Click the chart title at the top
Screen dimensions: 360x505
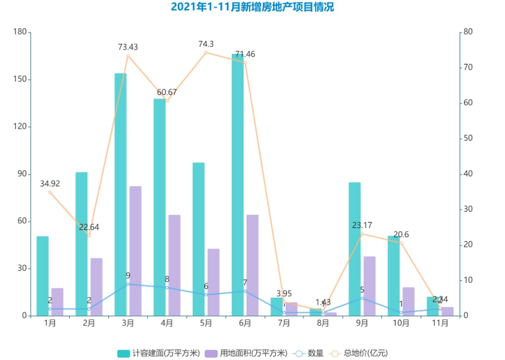[252, 7]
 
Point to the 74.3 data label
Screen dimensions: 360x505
[206, 44]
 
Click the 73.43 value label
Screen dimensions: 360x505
[128, 47]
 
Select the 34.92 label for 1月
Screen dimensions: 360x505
[50, 184]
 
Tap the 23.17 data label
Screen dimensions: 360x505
[362, 226]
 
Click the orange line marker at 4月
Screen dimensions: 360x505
[167, 101]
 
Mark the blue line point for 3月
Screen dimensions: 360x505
[128, 284]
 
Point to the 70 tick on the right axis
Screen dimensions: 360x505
[467, 68]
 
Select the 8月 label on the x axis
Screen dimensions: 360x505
[323, 323]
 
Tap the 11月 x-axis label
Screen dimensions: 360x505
[440, 323]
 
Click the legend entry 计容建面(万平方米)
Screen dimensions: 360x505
[159, 353]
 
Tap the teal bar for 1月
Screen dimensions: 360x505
[42, 276]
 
